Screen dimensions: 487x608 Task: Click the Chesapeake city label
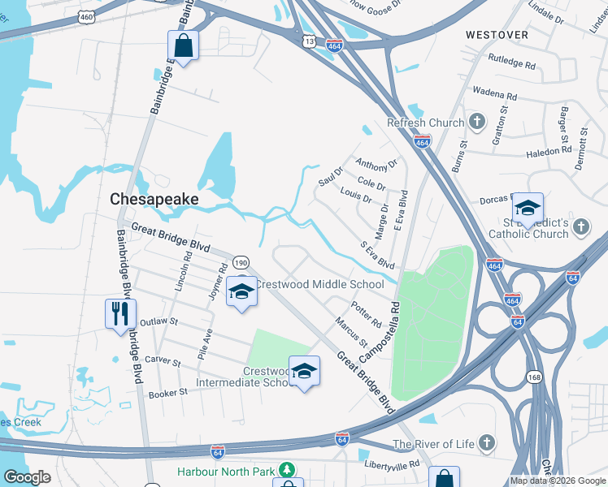pos(154,198)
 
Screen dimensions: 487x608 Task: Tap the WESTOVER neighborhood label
pos(497,35)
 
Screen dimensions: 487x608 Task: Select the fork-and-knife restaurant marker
pos(120,313)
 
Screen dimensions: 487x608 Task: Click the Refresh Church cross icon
pos(477,123)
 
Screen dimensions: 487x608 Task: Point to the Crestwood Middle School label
pos(319,284)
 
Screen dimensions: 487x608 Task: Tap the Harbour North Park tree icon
pos(285,470)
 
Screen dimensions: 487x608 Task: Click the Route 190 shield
pos(240,262)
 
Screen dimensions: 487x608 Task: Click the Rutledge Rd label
pos(512,61)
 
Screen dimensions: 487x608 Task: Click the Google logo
pos(27,477)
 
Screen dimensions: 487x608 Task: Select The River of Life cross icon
pos(486,443)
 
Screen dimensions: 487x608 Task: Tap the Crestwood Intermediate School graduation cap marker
pos(304,372)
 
